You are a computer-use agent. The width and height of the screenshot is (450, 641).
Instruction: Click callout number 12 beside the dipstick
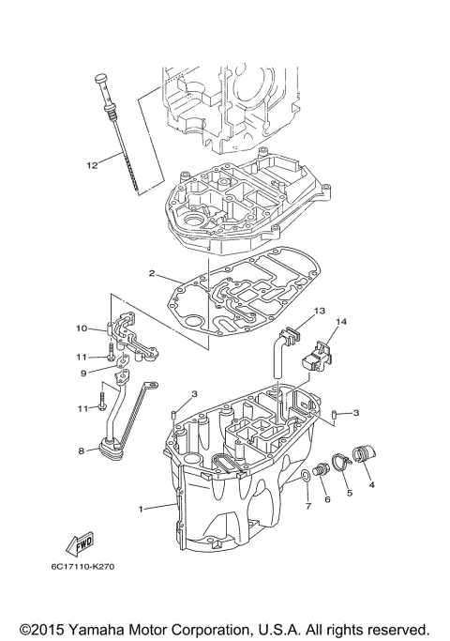click(92, 166)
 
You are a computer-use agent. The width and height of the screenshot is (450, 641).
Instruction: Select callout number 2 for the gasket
click(151, 274)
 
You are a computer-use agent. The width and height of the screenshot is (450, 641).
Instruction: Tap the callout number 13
click(319, 311)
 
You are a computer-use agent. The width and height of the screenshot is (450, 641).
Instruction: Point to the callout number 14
click(341, 323)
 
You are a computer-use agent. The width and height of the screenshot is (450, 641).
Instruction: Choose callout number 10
click(81, 328)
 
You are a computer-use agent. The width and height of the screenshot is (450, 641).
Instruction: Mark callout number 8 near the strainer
click(81, 451)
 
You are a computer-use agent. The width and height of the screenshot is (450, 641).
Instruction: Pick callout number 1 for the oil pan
click(142, 509)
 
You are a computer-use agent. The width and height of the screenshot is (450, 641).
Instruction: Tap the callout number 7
click(306, 508)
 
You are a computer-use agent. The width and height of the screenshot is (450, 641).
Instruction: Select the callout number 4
click(371, 485)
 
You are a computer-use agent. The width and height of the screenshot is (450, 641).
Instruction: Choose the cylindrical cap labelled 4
click(365, 456)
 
